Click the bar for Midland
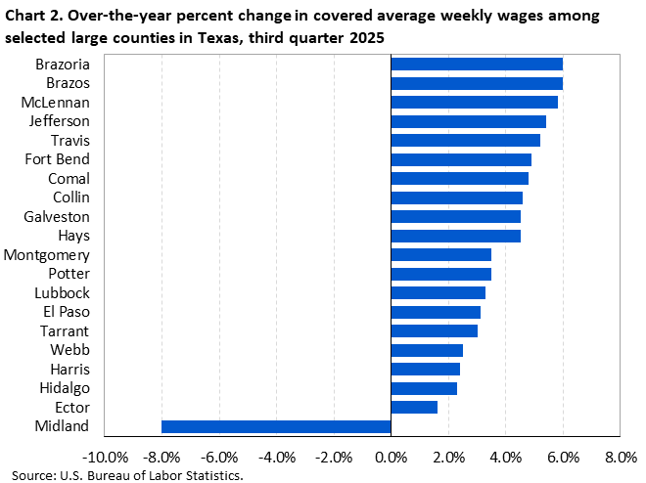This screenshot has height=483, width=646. tap(276, 426)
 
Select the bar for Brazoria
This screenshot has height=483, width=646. tap(477, 64)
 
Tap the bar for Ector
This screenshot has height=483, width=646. tap(414, 407)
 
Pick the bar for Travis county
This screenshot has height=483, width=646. tap(465, 140)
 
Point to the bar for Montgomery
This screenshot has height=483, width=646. tap(440, 254)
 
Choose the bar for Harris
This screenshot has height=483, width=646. tap(425, 369)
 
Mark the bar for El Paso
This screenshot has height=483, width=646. tap(436, 312)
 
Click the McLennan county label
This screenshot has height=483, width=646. tap(56, 102)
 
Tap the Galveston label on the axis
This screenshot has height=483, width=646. tap(58, 216)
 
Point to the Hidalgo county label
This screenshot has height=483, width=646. tap(63, 388)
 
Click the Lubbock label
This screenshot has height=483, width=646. tap(62, 292)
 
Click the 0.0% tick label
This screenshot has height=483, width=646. tap(391, 457)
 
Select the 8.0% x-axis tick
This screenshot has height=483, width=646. tap(621, 457)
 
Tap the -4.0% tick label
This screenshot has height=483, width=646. tap(276, 457)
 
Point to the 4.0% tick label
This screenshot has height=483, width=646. tap(505, 457)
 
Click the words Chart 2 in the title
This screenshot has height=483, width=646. tap(34, 17)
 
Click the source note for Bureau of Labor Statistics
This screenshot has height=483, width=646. tap(127, 475)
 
